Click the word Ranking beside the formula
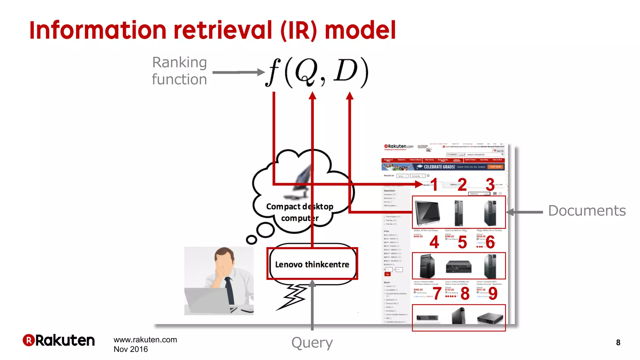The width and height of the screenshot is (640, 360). pos(179,62)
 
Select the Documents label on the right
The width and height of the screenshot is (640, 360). pos(587,211)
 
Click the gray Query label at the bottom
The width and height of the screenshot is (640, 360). pos(312,343)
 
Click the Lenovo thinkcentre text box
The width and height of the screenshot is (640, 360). pos(312,264)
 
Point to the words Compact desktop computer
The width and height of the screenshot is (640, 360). pos(299,212)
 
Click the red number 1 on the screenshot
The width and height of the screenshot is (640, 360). pos(434,185)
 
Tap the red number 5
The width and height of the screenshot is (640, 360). pos(462,242)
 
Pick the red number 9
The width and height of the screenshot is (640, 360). pos(493,293)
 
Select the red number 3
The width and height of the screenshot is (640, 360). pos(490,184)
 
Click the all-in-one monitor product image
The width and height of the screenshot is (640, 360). pos(427,212)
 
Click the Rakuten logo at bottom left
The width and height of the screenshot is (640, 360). pos(59,340)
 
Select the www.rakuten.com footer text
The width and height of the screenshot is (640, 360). pos(145,340)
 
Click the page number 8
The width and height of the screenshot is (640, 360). pos(618,342)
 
